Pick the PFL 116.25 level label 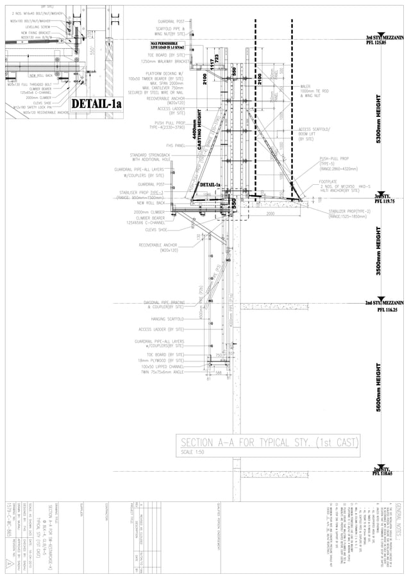pos(387,309)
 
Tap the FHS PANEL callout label pos(175,146)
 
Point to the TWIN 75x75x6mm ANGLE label pos(163,372)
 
